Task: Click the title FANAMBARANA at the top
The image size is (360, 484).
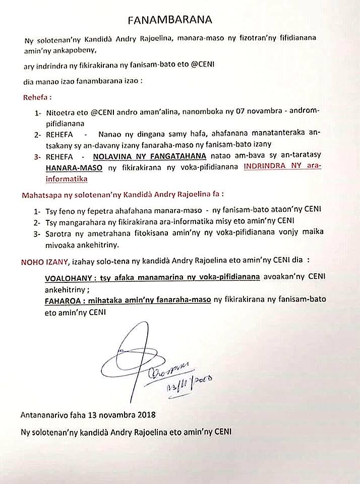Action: pyautogui.click(x=169, y=20)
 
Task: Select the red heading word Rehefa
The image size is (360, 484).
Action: pyautogui.click(x=36, y=97)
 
